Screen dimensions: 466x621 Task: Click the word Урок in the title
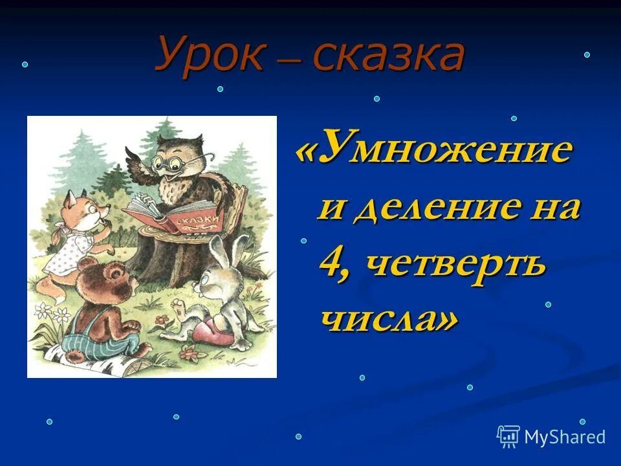209,54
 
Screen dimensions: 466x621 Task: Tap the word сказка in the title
389,56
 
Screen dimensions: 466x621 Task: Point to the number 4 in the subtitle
331,264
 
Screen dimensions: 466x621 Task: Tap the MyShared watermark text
564,437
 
